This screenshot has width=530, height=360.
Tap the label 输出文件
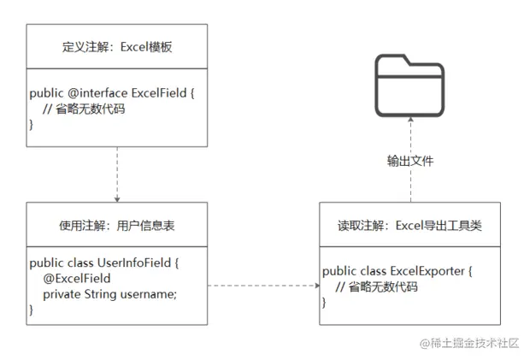point(411,160)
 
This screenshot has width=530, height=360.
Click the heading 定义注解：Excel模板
point(117,46)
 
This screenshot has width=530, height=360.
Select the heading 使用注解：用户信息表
point(117,227)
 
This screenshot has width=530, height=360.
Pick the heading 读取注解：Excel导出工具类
point(409,227)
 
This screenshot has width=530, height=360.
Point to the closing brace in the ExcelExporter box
point(325,303)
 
